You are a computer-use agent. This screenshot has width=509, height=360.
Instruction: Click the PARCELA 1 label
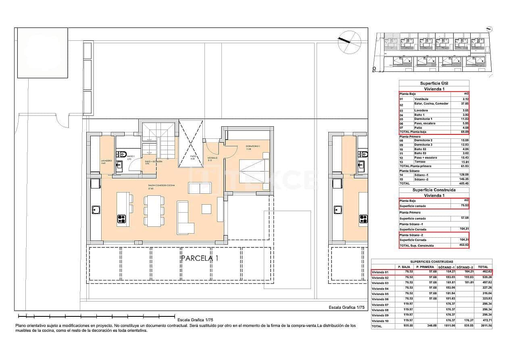[199, 258]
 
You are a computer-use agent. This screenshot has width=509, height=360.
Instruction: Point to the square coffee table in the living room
[207, 209]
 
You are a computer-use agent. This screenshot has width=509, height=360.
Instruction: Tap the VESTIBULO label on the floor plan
[213, 158]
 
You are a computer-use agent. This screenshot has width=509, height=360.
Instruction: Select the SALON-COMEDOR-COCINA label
[161, 185]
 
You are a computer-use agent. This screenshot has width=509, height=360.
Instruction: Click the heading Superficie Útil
[434, 84]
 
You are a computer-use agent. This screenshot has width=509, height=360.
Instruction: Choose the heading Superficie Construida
[434, 190]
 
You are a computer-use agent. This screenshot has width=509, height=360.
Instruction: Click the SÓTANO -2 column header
[465, 267]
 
